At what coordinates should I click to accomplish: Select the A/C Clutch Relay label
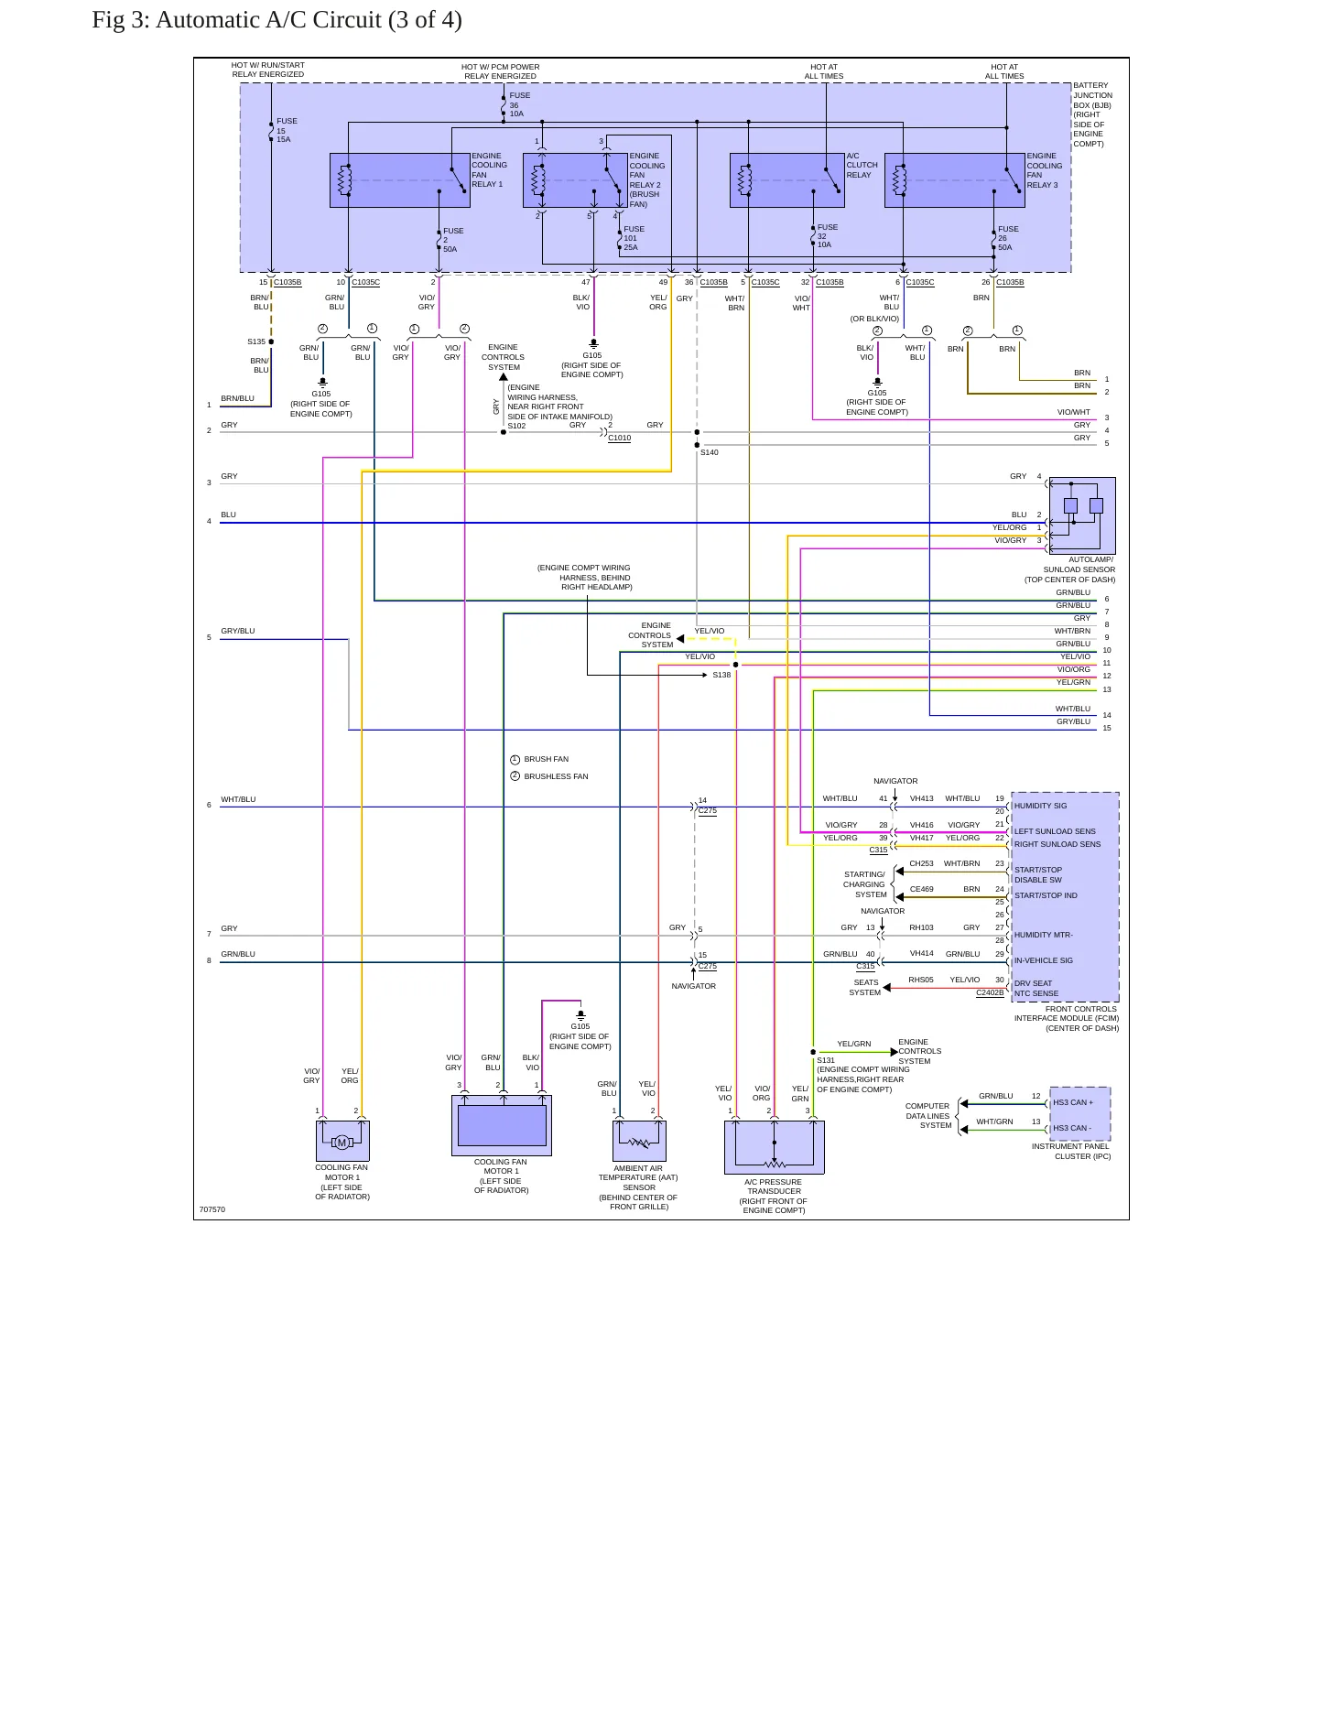[x=862, y=166]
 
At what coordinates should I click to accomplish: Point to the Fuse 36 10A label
[x=519, y=104]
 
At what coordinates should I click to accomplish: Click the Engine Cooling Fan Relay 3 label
[x=1044, y=170]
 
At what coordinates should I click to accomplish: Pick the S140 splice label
[x=709, y=452]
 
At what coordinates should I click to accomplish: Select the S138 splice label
[x=721, y=675]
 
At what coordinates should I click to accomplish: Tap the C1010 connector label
[x=619, y=438]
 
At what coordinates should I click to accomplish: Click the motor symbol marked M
[x=342, y=1143]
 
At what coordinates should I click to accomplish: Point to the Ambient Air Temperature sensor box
[x=639, y=1141]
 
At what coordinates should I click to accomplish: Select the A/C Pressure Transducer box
[x=775, y=1147]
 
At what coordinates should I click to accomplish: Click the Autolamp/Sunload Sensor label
[x=1070, y=569]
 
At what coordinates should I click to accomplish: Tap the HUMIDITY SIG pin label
[x=1040, y=806]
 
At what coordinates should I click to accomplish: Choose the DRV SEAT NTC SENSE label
[x=1036, y=989]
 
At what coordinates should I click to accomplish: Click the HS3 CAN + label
[x=1073, y=1102]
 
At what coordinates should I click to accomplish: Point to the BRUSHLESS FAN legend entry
[x=556, y=776]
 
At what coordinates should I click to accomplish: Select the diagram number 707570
[x=212, y=1209]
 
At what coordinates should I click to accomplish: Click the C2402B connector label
[x=990, y=992]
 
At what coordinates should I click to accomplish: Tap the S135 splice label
[x=256, y=341]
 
